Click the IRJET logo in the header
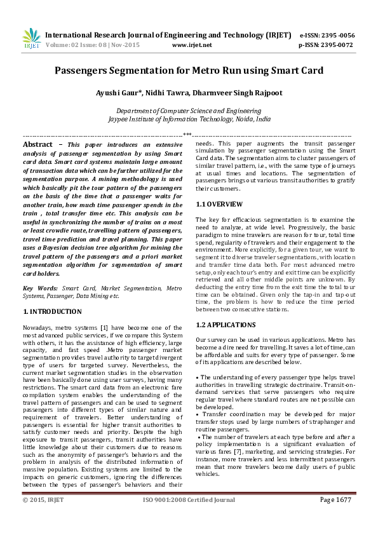(31, 39)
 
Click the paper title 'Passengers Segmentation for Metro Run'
(189, 71)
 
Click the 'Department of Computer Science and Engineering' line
(189, 111)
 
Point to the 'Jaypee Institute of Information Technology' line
(189, 119)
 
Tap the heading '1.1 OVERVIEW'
(219, 204)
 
